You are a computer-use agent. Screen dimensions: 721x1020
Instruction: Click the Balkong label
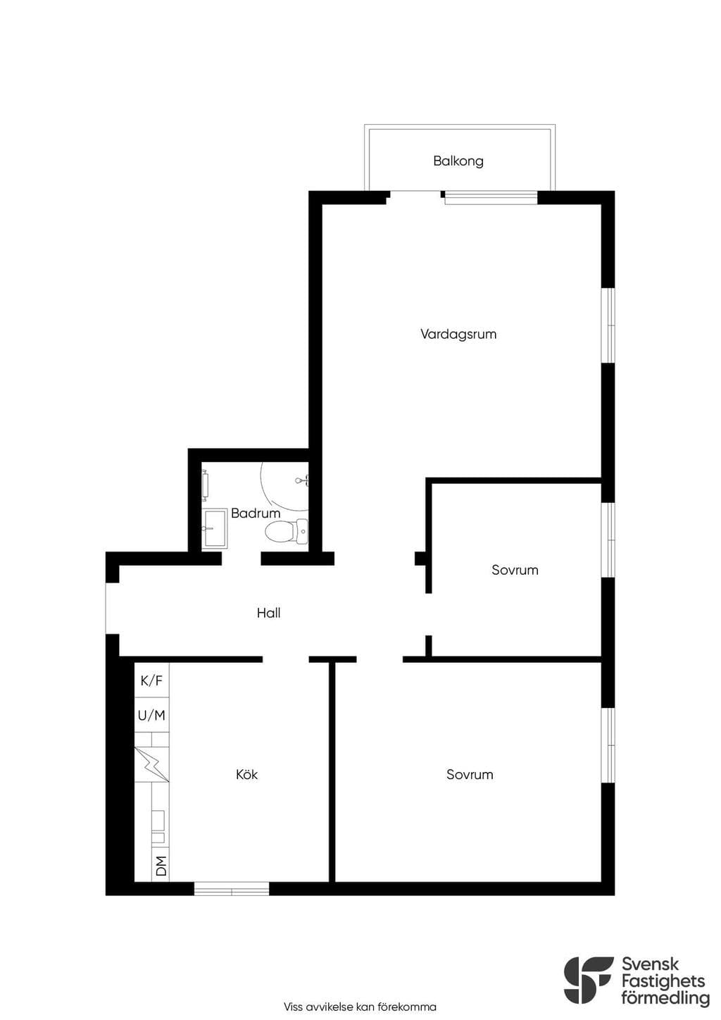pyautogui.click(x=458, y=161)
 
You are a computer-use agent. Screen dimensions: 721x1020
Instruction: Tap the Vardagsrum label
pyautogui.click(x=458, y=334)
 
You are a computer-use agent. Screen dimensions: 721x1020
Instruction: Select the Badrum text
pyautogui.click(x=256, y=514)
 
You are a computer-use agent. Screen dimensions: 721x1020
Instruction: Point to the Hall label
pyautogui.click(x=268, y=613)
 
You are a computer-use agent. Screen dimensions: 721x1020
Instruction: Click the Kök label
pyautogui.click(x=246, y=774)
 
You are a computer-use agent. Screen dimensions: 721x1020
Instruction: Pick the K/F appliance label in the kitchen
pyautogui.click(x=151, y=680)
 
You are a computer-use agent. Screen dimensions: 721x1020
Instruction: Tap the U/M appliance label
pyautogui.click(x=151, y=716)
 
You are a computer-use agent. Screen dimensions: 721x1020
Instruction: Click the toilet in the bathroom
pyautogui.click(x=286, y=531)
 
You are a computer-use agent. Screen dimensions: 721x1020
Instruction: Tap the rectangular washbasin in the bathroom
pyautogui.click(x=214, y=528)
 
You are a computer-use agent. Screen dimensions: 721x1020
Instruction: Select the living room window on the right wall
pyautogui.click(x=608, y=325)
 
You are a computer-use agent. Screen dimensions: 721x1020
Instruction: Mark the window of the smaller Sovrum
pyautogui.click(x=608, y=540)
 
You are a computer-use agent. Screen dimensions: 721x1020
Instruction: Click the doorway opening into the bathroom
pyautogui.click(x=242, y=559)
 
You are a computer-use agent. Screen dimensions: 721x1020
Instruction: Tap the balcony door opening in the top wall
pyautogui.click(x=415, y=197)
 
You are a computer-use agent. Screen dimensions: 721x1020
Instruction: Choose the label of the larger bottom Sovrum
pyautogui.click(x=470, y=775)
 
